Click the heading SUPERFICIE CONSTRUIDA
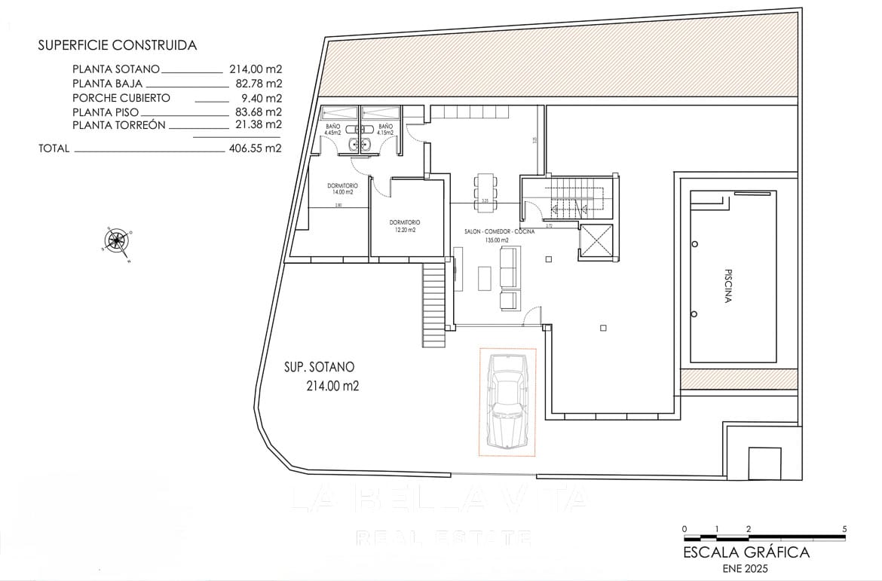click(x=117, y=45)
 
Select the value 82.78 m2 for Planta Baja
click(x=256, y=84)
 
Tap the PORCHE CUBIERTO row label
click(x=121, y=98)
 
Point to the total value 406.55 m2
click(x=255, y=148)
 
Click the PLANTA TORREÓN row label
click(x=119, y=125)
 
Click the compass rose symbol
click(x=117, y=241)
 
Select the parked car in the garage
click(x=507, y=402)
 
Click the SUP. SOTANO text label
click(x=319, y=368)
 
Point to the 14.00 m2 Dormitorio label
click(x=342, y=188)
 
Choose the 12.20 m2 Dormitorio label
click(x=405, y=226)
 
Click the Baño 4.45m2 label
click(x=333, y=130)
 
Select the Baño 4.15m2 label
click(x=385, y=130)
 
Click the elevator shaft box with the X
click(x=596, y=241)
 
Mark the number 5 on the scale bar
click(x=845, y=529)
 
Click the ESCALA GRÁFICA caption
click(x=746, y=552)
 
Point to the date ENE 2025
click(x=746, y=568)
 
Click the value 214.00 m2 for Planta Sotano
click(x=256, y=68)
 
